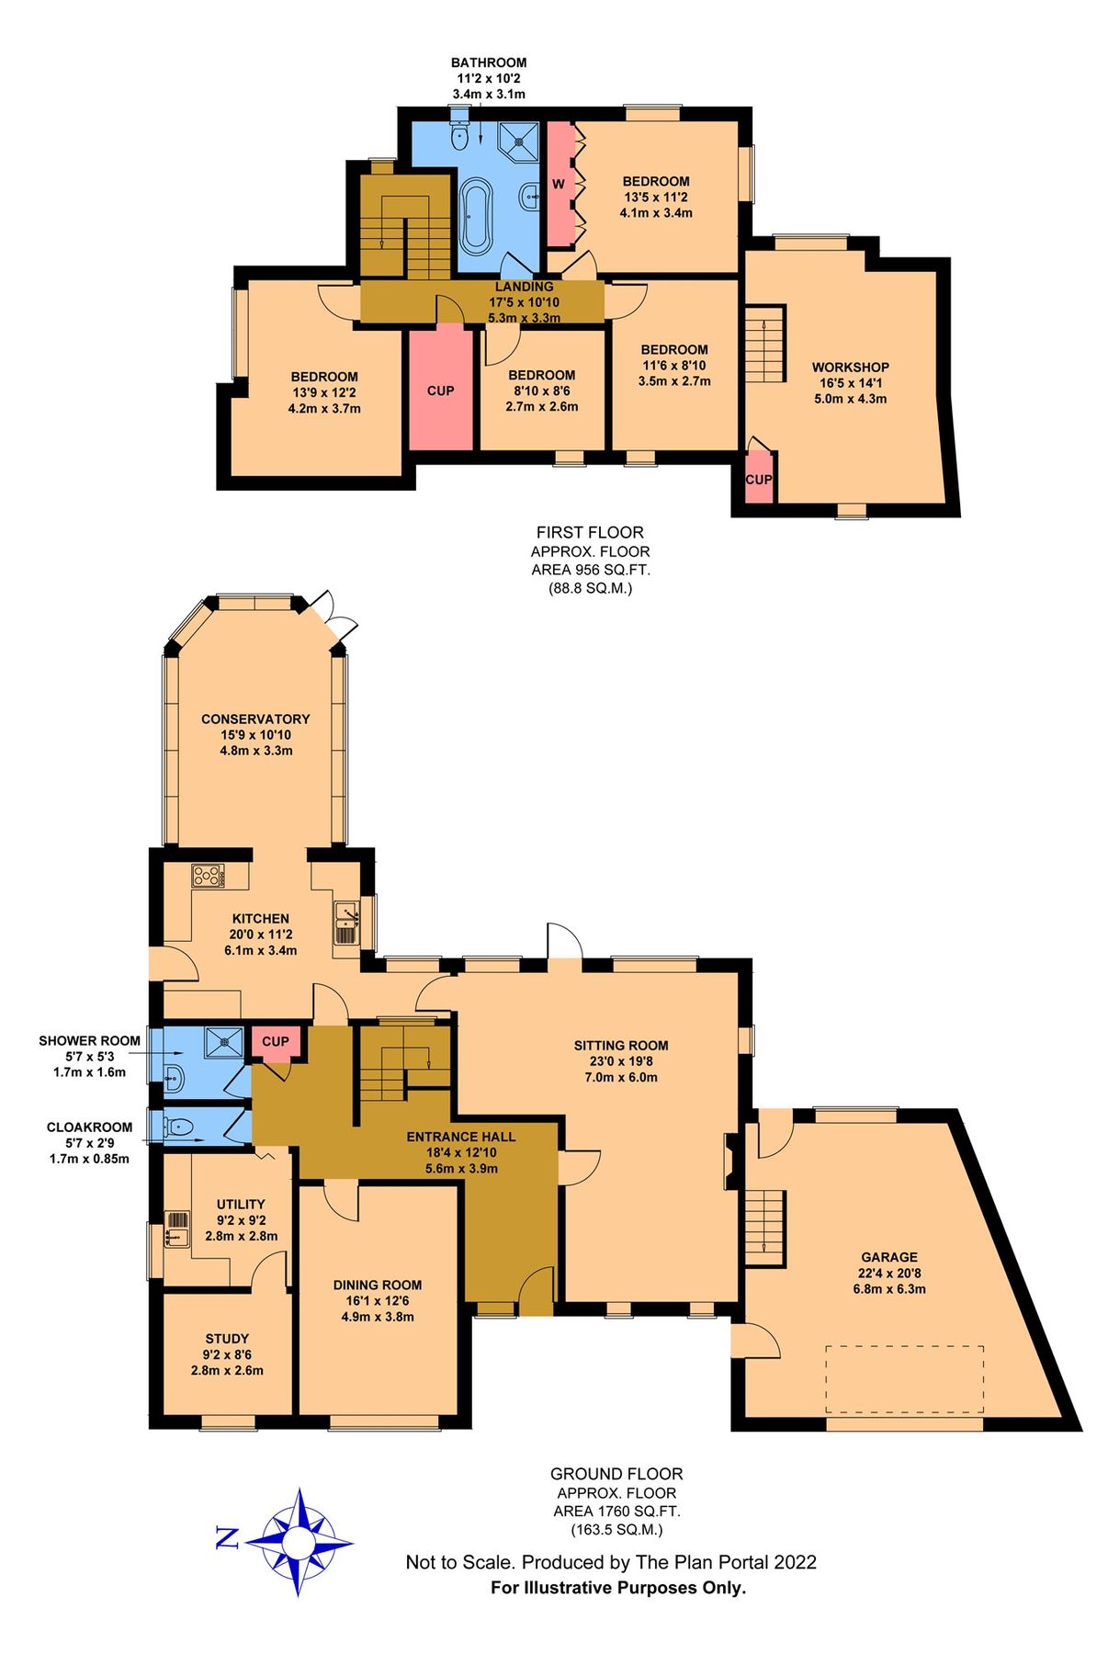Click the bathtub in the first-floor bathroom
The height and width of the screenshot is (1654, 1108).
(x=476, y=218)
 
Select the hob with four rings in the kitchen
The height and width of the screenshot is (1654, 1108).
(x=208, y=876)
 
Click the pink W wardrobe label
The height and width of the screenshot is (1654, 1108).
(x=559, y=185)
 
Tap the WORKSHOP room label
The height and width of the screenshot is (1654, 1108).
(x=850, y=367)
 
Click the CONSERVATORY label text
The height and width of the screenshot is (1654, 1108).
(x=255, y=719)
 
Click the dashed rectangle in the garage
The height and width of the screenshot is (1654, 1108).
(x=904, y=1379)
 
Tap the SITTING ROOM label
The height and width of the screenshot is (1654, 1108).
(x=621, y=1045)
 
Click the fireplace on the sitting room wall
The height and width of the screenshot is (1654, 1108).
(x=730, y=1161)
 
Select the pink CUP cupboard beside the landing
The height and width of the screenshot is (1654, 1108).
(x=440, y=390)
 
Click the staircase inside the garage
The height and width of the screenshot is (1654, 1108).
(x=764, y=1227)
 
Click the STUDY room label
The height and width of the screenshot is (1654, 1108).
(x=227, y=1339)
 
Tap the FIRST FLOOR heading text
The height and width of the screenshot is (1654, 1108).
(x=590, y=532)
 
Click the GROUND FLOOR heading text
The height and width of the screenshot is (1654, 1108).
(x=616, y=1474)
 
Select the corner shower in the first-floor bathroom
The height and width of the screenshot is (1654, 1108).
(x=520, y=140)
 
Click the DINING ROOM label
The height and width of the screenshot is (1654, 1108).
(x=378, y=1285)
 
